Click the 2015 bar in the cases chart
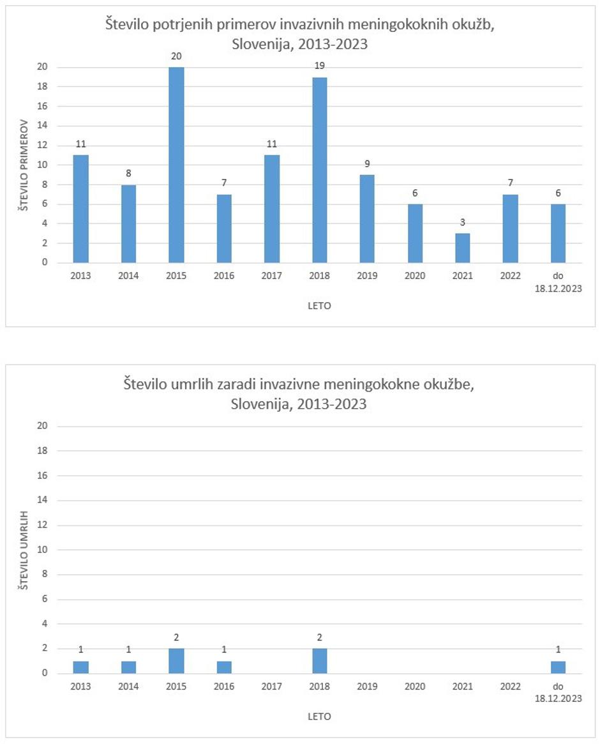176,165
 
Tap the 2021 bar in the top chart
463,248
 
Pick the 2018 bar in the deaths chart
320,661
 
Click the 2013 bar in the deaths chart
81,667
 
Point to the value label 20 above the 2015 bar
176,57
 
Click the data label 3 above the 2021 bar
463,222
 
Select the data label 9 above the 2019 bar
367,164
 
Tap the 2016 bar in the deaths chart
224,667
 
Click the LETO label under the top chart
319,306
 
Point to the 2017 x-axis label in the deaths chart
272,687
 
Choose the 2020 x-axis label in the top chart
415,276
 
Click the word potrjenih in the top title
180,26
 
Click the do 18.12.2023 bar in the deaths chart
558,667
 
